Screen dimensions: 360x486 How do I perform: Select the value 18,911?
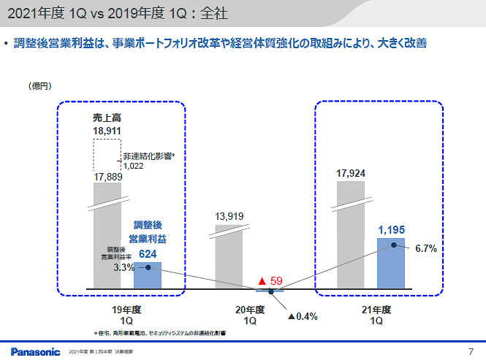[107, 131]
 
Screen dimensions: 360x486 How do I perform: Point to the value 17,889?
[107, 177]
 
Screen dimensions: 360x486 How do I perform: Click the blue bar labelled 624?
[148, 275]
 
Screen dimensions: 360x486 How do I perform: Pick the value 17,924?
[350, 174]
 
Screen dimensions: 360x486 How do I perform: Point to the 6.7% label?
[425, 249]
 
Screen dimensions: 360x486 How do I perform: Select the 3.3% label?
[124, 268]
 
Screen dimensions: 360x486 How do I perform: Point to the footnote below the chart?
[159, 332]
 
